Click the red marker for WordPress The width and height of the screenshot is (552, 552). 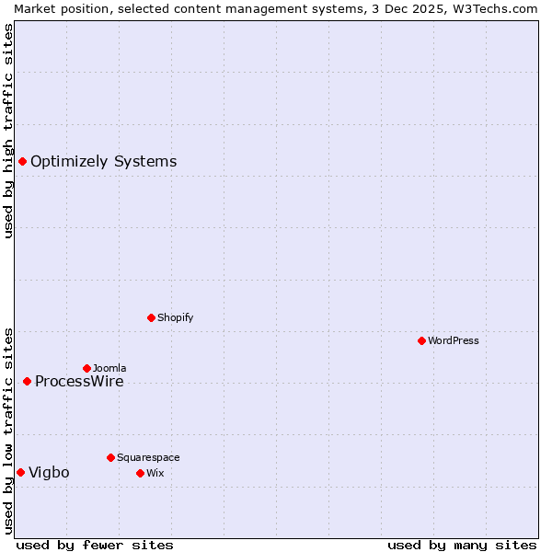click(421, 340)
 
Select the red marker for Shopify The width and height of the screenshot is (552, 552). click(151, 317)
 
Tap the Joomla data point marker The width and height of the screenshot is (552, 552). click(86, 368)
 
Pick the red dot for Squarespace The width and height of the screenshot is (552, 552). click(110, 457)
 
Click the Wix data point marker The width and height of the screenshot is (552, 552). click(140, 473)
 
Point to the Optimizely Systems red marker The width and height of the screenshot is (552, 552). click(22, 162)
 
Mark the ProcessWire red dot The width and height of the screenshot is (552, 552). click(27, 381)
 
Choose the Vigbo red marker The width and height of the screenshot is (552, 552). click(20, 472)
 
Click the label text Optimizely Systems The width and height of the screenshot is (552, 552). click(103, 162)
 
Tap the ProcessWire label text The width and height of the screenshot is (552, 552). click(79, 382)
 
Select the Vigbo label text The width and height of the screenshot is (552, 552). click(49, 473)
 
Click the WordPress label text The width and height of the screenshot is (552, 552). click(454, 340)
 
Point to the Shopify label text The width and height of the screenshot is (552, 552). click(175, 317)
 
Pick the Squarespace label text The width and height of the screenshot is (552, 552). click(148, 457)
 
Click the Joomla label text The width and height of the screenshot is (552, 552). click(109, 368)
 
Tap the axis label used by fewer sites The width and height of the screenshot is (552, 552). click(95, 545)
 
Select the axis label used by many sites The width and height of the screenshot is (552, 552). click(462, 545)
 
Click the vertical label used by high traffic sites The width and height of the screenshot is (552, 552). click(8, 131)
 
